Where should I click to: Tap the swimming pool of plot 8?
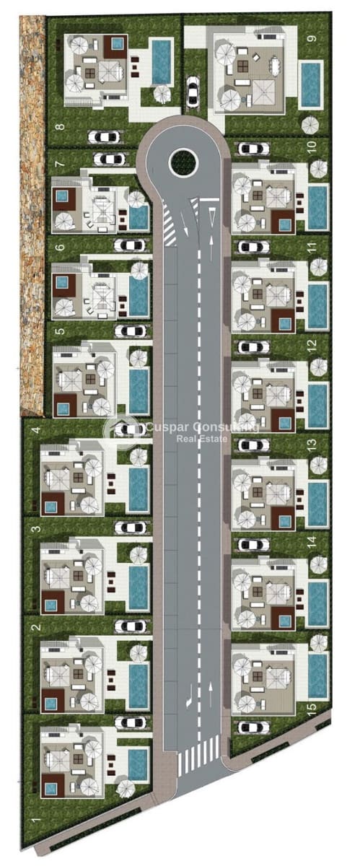click(162, 61)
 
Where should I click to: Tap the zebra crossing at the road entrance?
click(193, 758)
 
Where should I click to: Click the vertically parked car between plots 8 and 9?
click(193, 90)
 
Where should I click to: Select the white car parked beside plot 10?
click(253, 149)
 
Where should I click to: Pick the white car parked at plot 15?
click(253, 727)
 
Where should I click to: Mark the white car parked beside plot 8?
click(104, 136)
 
